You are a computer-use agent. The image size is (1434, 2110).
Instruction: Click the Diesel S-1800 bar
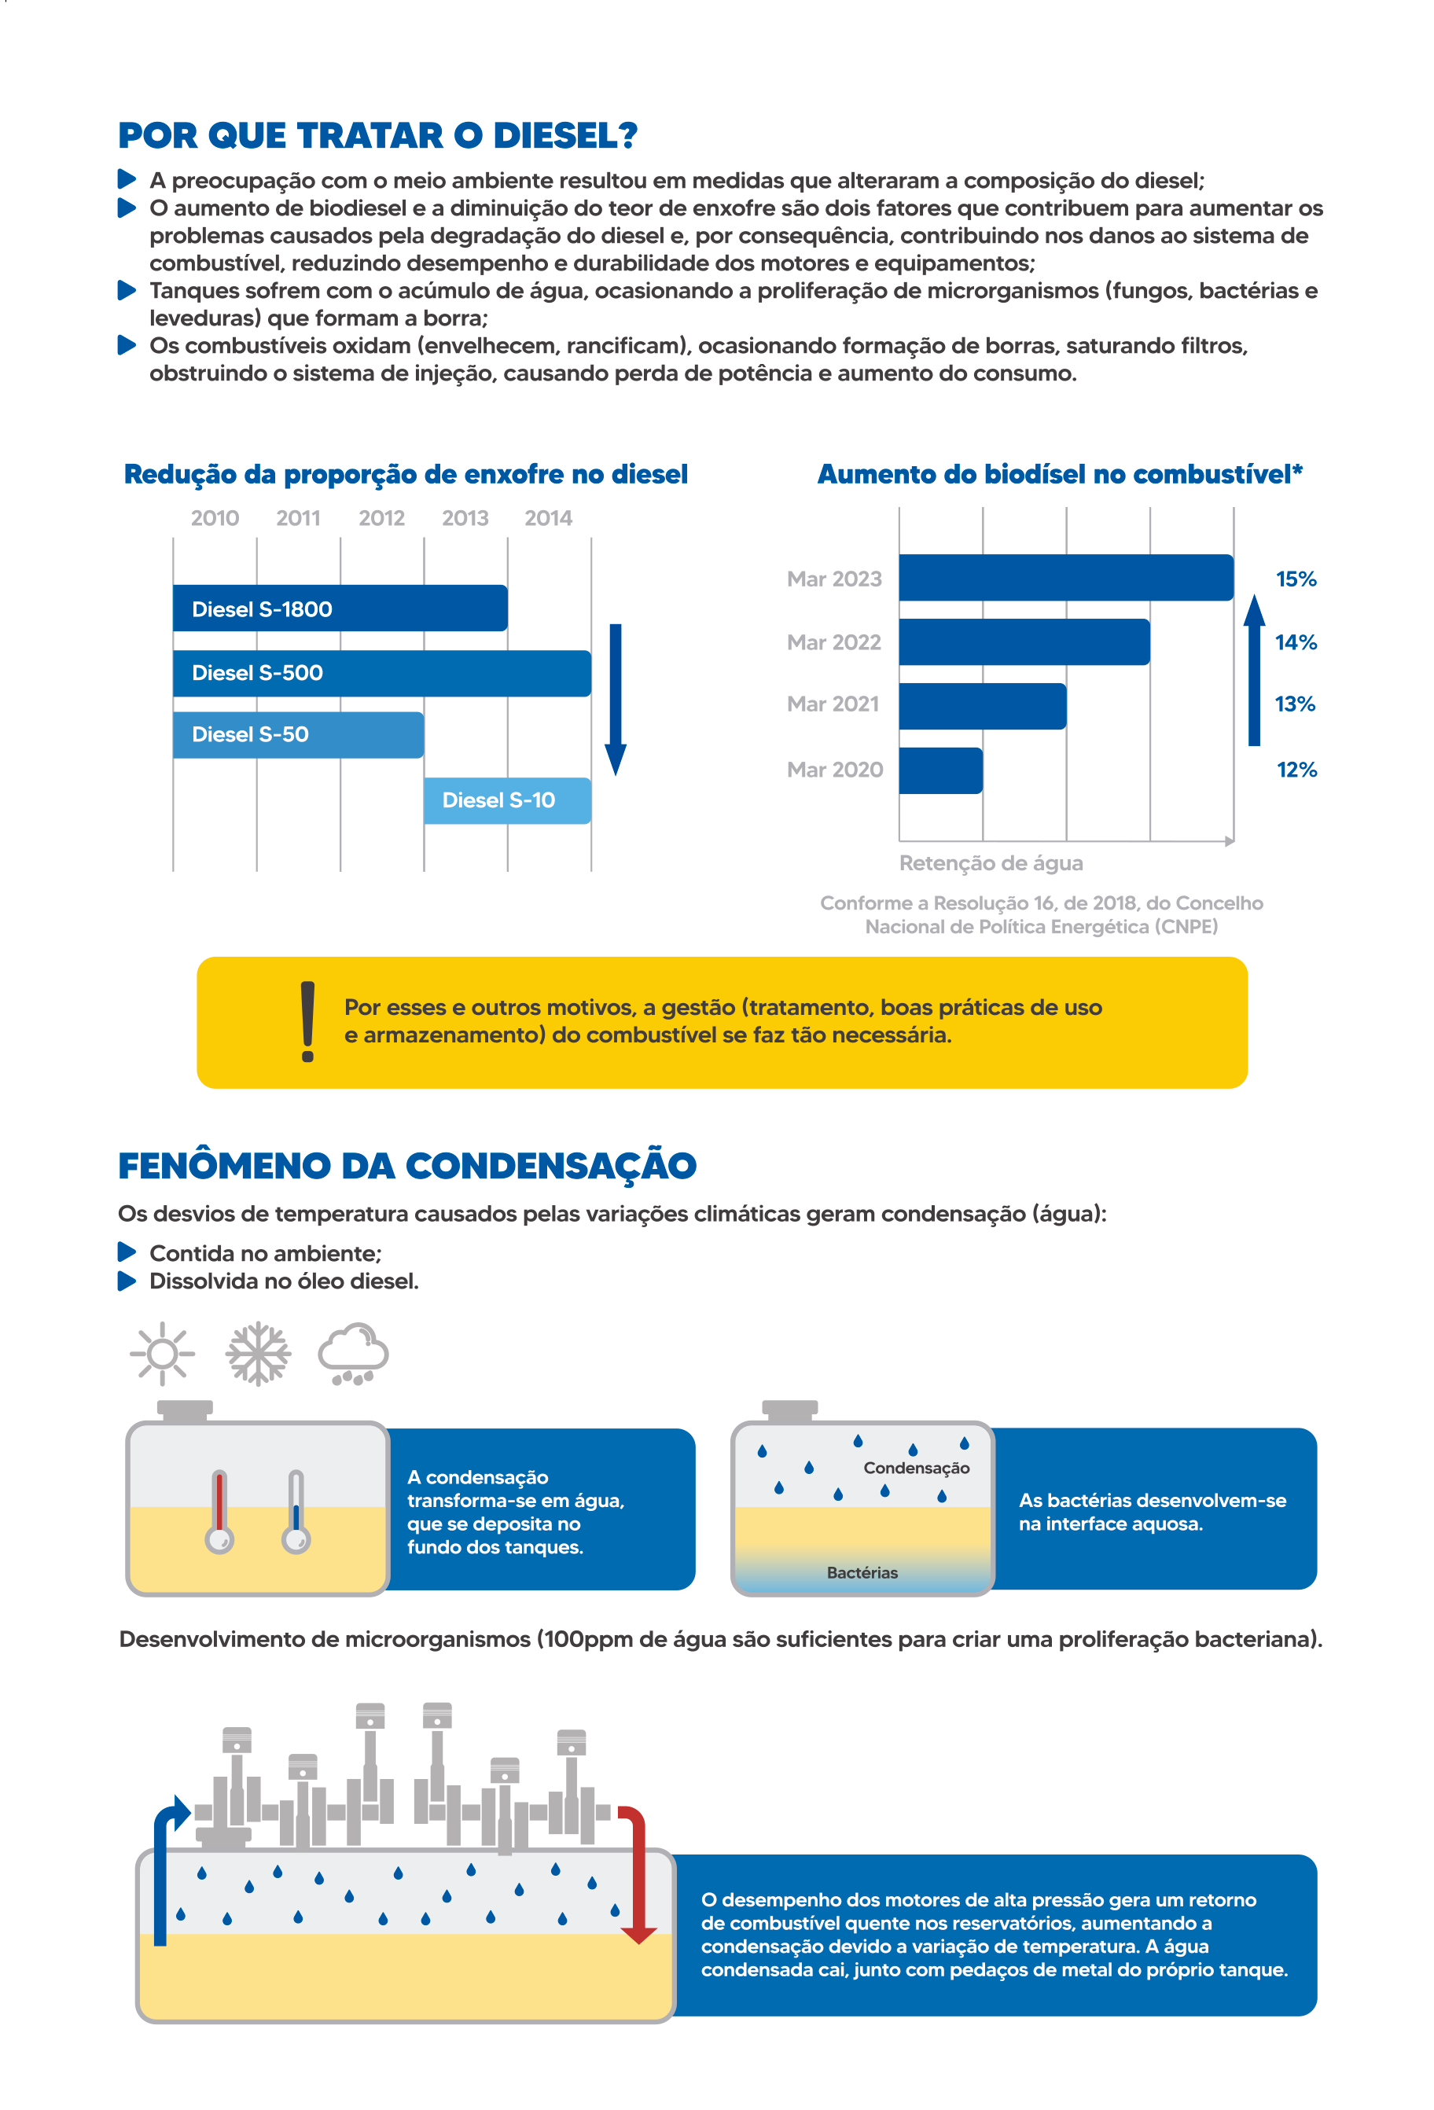point(340,608)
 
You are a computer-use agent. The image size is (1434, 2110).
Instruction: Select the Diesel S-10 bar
point(507,800)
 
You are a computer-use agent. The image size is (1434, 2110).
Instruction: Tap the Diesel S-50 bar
point(298,734)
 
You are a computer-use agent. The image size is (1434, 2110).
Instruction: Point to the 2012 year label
point(381,517)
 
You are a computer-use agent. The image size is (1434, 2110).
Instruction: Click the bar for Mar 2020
point(941,770)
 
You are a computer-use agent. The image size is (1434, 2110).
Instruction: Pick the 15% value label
point(1296,579)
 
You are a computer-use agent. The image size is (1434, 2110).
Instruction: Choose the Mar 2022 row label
point(833,642)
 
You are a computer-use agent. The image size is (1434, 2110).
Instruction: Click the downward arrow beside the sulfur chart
point(616,699)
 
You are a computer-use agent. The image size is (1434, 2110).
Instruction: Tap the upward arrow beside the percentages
point(1254,670)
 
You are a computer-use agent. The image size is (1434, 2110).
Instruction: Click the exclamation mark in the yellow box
point(308,1021)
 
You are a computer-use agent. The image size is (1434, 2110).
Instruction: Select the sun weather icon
point(163,1354)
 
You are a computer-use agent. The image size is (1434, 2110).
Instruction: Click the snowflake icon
point(258,1354)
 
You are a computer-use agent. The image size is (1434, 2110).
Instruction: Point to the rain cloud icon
point(353,1354)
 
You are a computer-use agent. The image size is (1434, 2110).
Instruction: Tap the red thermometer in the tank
point(219,1512)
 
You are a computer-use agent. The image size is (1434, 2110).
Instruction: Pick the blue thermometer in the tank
point(295,1512)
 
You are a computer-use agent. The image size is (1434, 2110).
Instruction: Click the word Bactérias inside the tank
point(862,1572)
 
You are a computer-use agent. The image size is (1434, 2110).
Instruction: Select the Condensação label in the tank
point(917,1468)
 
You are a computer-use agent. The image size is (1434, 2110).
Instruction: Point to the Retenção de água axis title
point(991,862)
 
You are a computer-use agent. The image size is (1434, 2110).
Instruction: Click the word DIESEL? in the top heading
point(565,135)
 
